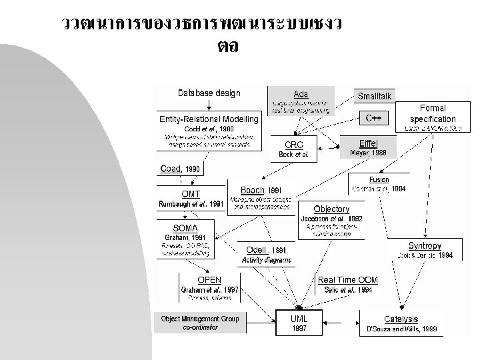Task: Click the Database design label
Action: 209,93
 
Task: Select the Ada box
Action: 300,100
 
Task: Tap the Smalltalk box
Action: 375,97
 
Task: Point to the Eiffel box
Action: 368,146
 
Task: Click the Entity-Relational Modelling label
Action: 209,119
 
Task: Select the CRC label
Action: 294,145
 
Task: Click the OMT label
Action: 191,194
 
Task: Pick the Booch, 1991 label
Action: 257,190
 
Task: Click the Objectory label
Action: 331,209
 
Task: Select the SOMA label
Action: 185,228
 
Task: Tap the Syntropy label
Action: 425,245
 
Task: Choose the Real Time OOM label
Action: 347,280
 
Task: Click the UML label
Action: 299,319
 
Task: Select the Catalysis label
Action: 401,319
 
